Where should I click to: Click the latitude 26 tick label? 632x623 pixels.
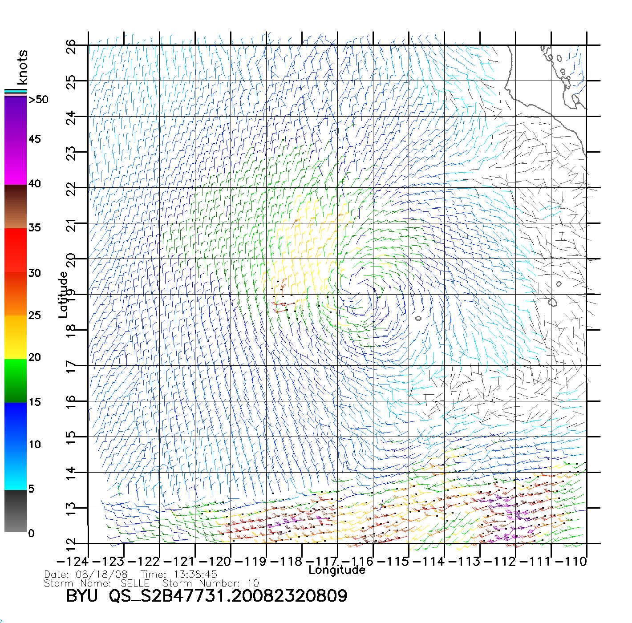tap(71, 46)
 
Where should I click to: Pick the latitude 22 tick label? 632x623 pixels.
tap(71, 189)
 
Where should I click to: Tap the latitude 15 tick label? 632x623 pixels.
tap(71, 437)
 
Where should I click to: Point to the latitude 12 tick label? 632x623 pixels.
tap(71, 544)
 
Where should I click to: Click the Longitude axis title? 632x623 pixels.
tap(337, 570)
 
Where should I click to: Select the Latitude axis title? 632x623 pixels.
tap(63, 295)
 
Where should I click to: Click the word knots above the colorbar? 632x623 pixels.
tap(22, 67)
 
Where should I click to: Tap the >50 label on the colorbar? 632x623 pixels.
tap(38, 100)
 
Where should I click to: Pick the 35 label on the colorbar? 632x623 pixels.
tap(35, 228)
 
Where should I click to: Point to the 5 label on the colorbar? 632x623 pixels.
tap(31, 489)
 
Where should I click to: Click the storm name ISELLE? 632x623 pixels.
tap(134, 583)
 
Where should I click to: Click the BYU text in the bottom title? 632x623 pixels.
tap(82, 596)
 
